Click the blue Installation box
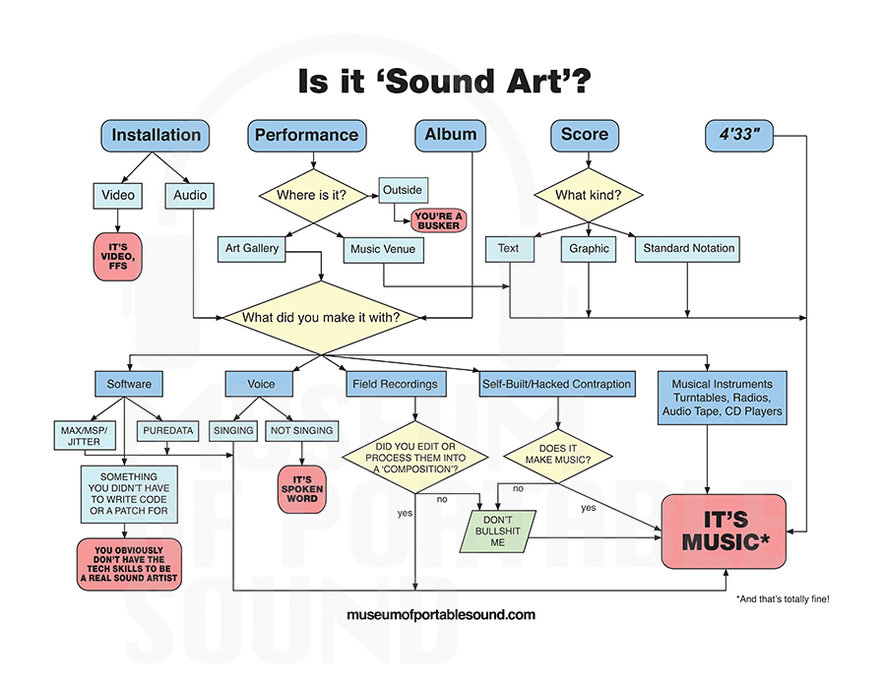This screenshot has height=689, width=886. tap(156, 135)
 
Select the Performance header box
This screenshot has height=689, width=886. tap(306, 135)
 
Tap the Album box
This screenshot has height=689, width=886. tap(452, 135)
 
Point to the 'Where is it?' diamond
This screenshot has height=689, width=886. tap(311, 195)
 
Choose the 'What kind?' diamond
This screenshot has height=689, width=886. tap(588, 195)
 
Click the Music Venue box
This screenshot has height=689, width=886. tap(383, 250)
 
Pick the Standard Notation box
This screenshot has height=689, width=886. tap(688, 249)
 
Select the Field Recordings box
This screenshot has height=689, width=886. tap(389, 383)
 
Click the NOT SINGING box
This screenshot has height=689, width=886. tap(301, 430)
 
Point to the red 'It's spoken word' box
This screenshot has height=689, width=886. tap(301, 489)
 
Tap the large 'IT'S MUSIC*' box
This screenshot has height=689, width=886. tap(725, 531)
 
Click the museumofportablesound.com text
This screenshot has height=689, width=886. tap(441, 615)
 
